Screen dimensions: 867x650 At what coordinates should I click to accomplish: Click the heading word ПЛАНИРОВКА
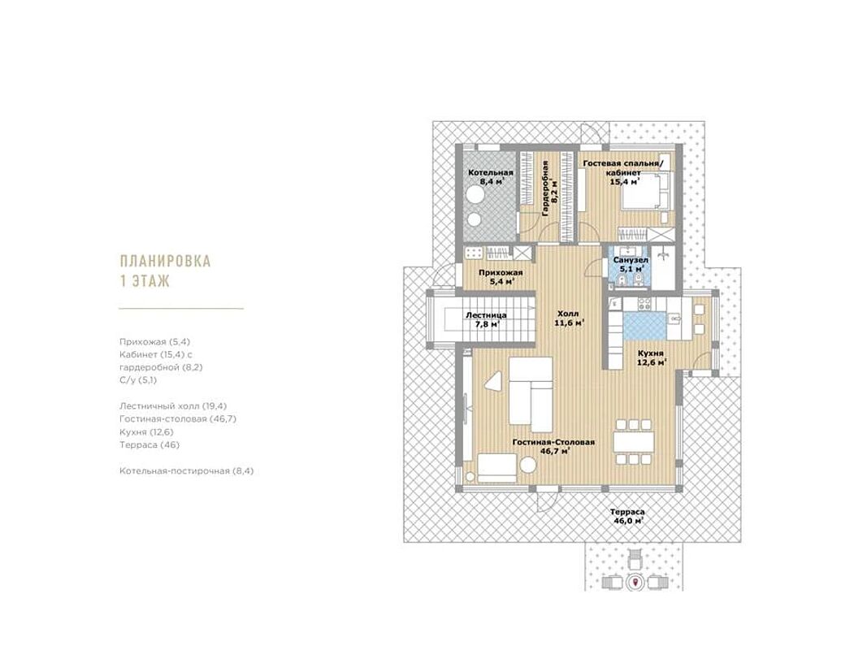(165, 261)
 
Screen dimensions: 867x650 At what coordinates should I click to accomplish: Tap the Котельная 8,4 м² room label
(491, 177)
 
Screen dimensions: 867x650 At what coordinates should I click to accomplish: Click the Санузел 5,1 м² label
(631, 264)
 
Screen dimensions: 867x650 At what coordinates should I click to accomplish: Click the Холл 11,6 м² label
(569, 318)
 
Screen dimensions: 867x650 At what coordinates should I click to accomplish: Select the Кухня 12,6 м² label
(651, 357)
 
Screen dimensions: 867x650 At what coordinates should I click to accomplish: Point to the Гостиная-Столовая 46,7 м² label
(553, 447)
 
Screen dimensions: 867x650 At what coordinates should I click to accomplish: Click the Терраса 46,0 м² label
(627, 516)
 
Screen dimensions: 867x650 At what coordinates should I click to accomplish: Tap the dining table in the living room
(634, 441)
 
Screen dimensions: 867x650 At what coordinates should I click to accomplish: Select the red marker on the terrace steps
(635, 582)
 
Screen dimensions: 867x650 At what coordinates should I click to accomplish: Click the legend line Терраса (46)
(150, 444)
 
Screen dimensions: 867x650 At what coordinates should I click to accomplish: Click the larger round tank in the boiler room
(475, 195)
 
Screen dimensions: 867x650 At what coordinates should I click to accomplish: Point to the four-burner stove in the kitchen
(644, 303)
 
